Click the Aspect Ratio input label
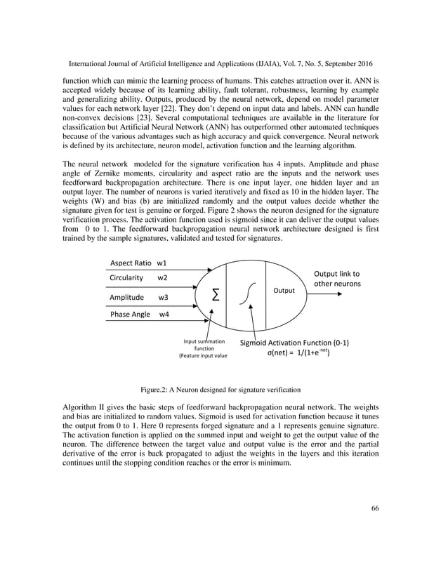[x=130, y=263]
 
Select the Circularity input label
[x=126, y=278]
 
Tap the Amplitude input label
[x=126, y=297]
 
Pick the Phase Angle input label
[x=130, y=315]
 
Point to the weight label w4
[x=164, y=315]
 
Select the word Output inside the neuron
[x=284, y=289]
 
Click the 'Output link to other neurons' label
[x=337, y=279]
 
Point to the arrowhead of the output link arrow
[x=341, y=294]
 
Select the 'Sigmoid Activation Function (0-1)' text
[x=295, y=343]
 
